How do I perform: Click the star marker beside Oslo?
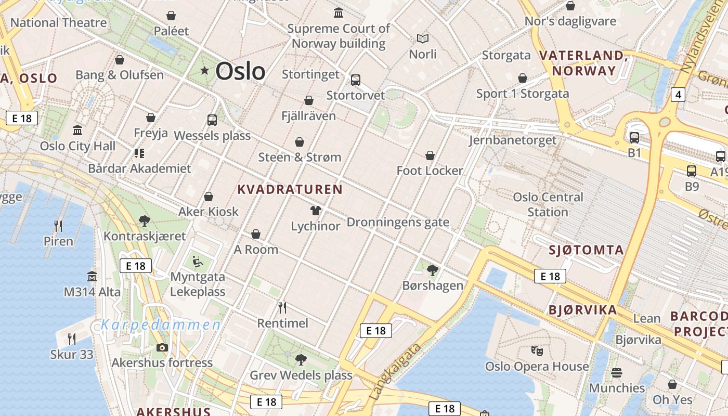[205, 70]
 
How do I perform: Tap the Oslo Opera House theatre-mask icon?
[537, 351]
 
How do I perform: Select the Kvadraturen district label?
[290, 189]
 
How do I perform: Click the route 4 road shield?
[678, 94]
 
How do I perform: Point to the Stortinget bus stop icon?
[356, 80]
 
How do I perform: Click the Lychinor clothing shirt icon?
[315, 211]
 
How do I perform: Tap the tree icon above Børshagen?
[432, 270]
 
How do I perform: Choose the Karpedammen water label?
[161, 326]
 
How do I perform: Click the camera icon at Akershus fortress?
[162, 347]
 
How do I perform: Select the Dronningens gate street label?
[398, 223]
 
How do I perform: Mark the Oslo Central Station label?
[548, 204]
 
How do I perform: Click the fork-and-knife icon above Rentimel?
[282, 308]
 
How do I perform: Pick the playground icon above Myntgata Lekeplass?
[198, 261]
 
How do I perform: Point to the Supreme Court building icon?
[339, 12]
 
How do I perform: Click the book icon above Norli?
[423, 38]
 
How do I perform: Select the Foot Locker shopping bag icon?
[430, 155]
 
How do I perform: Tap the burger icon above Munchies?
[617, 373]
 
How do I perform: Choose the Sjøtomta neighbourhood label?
[586, 250]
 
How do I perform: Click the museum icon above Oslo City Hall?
[77, 130]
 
